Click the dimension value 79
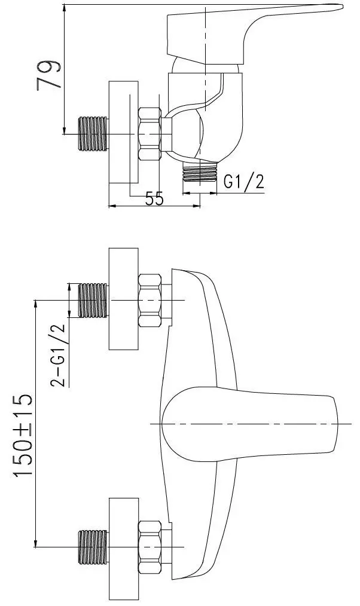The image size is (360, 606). tap(49, 75)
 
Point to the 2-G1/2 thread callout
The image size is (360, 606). tap(57, 355)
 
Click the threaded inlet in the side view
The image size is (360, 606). tap(93, 133)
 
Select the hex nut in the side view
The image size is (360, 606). tap(150, 134)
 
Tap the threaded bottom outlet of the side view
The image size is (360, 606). tap(200, 172)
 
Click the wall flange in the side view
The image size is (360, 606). tap(123, 132)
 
